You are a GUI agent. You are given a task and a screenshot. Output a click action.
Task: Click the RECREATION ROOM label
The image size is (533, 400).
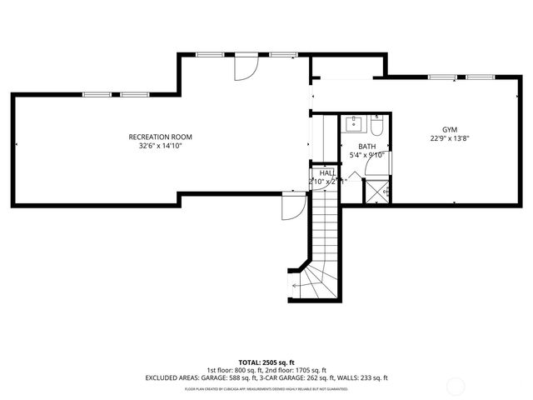point(160,137)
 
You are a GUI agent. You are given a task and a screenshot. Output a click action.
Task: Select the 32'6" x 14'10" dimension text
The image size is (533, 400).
point(160,146)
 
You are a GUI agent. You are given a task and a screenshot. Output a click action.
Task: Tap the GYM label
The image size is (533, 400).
point(449,130)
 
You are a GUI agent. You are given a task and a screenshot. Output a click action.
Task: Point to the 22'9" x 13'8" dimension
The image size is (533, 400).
point(449,139)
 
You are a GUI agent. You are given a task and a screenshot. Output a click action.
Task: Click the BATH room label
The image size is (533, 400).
point(367,146)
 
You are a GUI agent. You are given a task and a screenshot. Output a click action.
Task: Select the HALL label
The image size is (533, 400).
point(327,172)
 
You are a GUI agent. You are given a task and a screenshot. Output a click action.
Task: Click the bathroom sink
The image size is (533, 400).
point(353,126)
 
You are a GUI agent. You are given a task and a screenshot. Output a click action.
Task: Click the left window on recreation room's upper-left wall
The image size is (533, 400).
point(95,94)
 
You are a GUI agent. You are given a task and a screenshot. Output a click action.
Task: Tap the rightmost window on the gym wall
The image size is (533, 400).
point(480,77)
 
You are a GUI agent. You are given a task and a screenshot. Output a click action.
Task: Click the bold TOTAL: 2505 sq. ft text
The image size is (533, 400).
point(266,362)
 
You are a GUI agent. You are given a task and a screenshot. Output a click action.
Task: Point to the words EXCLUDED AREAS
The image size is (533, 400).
point(172,377)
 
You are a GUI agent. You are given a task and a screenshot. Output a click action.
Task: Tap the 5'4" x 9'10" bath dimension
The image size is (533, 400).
point(367,155)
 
